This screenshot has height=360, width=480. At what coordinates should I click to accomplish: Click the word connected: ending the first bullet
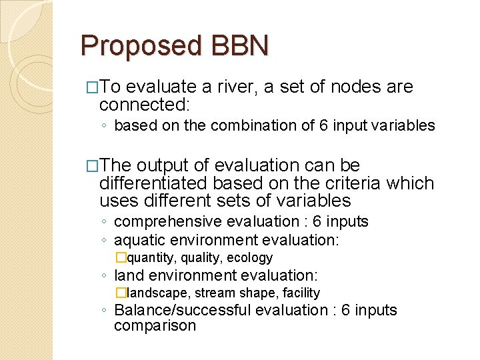click(145, 105)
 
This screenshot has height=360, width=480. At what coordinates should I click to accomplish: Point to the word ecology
click(251, 257)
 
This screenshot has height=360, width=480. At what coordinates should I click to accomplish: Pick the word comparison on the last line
click(155, 326)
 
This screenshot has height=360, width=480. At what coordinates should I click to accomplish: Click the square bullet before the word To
click(92, 87)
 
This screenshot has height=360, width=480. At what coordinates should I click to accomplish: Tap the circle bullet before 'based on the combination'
click(106, 126)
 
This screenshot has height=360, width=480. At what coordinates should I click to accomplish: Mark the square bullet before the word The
click(92, 166)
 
